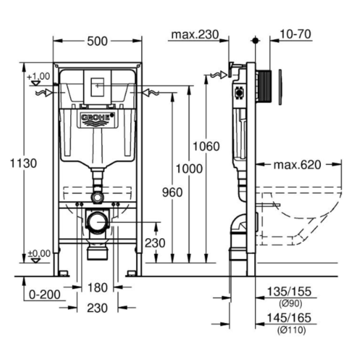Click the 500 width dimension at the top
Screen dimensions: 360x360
click(97, 41)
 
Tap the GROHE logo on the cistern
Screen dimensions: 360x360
click(97, 119)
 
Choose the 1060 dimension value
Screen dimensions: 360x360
click(206, 146)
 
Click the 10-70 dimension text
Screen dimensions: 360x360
click(295, 34)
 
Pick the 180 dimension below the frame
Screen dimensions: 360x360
click(97, 289)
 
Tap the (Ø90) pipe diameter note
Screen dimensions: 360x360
click(290, 304)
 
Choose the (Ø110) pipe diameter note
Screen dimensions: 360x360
click(290, 329)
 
